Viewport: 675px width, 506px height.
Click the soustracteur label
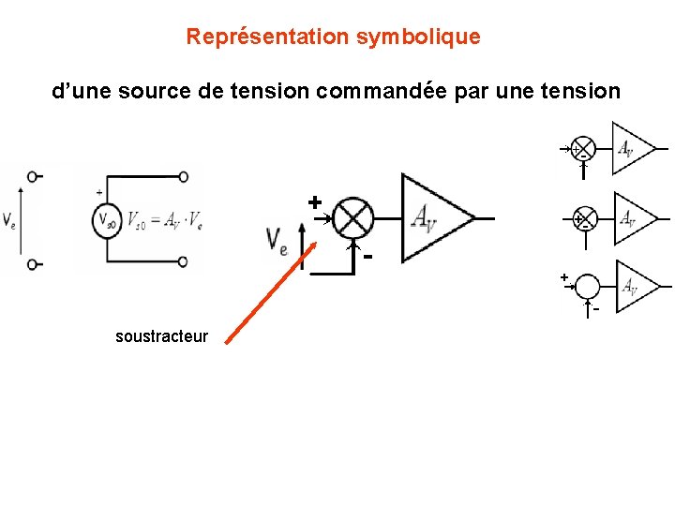click(161, 336)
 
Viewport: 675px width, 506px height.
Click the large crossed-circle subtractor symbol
click(353, 217)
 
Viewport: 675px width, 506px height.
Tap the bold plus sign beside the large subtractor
click(315, 201)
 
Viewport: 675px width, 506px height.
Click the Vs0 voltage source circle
click(106, 221)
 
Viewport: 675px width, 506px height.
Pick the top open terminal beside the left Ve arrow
click(34, 176)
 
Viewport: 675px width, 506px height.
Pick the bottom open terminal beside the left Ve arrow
click(34, 264)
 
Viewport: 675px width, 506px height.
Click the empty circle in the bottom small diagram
click(587, 287)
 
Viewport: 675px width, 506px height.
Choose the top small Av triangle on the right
click(631, 148)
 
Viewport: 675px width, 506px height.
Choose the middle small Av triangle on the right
click(633, 218)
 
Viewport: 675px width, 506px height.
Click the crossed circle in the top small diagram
click(583, 148)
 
